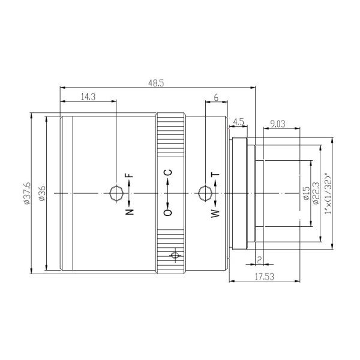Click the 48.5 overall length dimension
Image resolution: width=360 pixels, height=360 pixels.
[156, 83]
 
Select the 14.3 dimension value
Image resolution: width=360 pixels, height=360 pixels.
[88, 97]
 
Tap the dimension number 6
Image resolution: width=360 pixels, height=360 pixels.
[216, 98]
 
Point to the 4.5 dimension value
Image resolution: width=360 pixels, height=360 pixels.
[238, 122]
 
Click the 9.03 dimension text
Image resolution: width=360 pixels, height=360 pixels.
[278, 124]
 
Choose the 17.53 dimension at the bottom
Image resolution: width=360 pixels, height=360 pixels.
[265, 277]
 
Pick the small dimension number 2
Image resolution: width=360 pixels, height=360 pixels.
[260, 260]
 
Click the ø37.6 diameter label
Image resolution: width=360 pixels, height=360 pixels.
[27, 193]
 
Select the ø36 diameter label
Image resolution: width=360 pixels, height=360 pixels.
[42, 193]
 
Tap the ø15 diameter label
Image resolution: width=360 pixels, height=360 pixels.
[307, 193]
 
